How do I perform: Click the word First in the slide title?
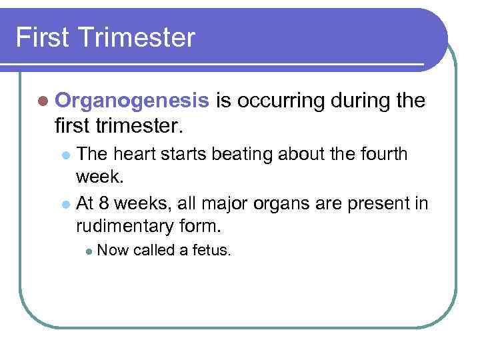(x=41, y=37)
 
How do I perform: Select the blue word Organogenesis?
(x=133, y=101)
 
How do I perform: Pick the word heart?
(x=131, y=154)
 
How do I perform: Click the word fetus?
(x=213, y=251)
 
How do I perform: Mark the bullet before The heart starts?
(x=65, y=155)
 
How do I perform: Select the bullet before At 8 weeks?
(x=65, y=203)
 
